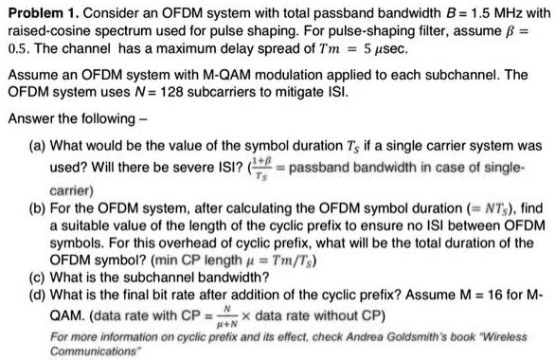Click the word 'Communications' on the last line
click(x=98, y=351)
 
